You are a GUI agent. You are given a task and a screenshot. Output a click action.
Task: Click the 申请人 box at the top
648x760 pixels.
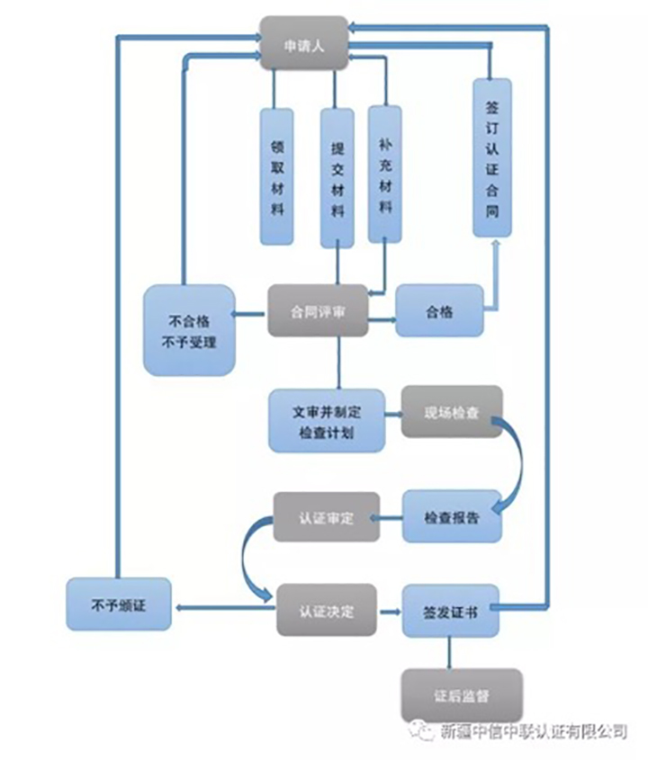click(303, 42)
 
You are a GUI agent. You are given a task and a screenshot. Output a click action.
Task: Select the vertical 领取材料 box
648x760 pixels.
click(276, 176)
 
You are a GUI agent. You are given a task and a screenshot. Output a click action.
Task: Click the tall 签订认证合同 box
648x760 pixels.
click(491, 156)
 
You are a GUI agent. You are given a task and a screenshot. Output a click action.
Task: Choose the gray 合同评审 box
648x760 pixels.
click(317, 311)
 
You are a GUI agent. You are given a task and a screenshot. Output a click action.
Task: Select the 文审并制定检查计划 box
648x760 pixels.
click(327, 419)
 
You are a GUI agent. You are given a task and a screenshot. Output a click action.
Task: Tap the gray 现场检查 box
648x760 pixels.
click(451, 412)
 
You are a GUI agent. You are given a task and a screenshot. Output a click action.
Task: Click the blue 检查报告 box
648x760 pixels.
click(452, 516)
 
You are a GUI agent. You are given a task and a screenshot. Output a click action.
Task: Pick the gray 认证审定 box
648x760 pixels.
click(326, 516)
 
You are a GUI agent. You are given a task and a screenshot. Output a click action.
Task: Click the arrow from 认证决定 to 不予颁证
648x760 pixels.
click(225, 610)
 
